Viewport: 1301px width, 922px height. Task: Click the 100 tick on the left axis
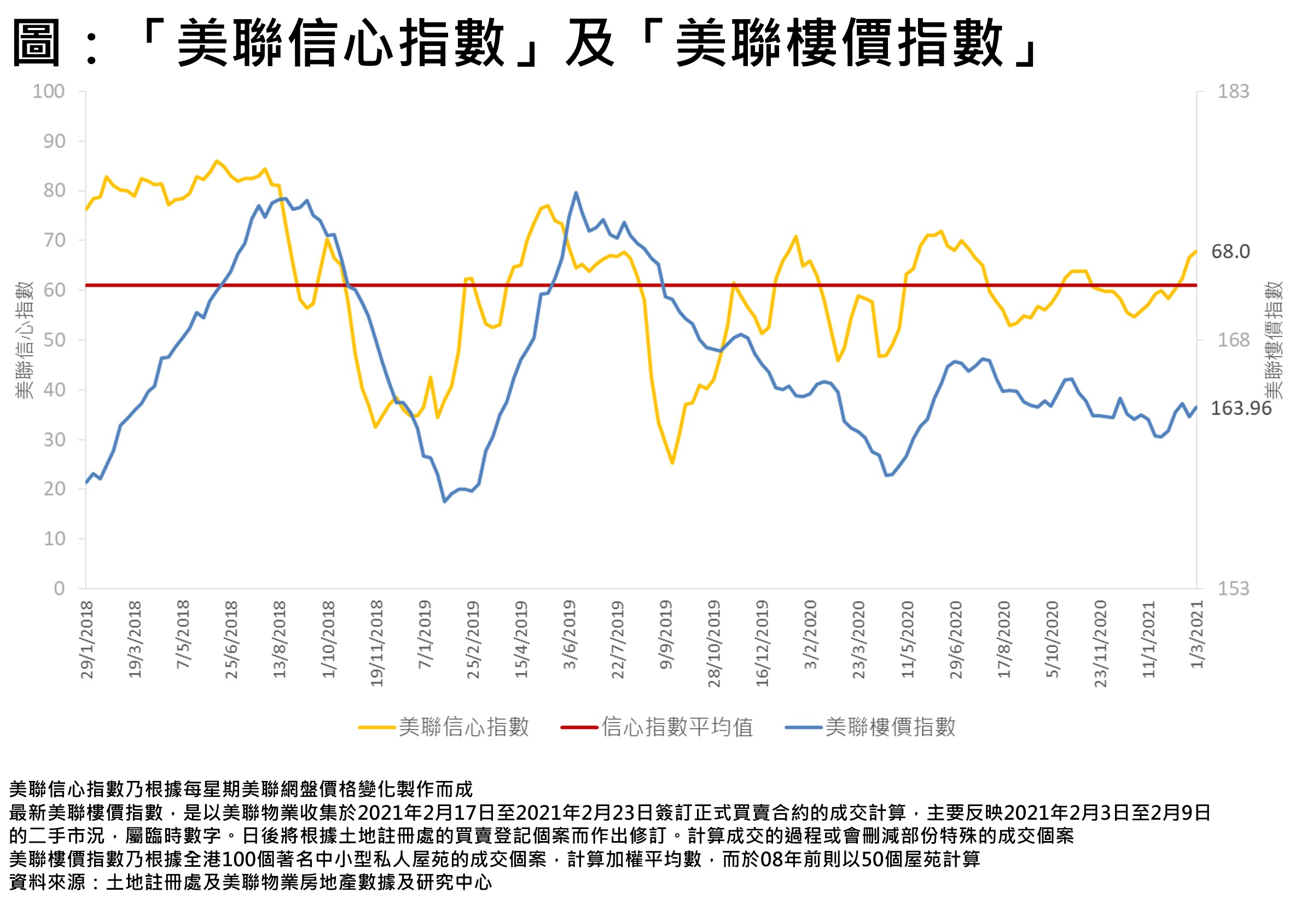[x=48, y=91]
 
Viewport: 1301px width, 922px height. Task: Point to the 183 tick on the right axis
[x=1233, y=91]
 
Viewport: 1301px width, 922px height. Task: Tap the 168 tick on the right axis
[x=1233, y=340]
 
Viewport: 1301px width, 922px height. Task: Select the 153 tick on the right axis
[x=1233, y=589]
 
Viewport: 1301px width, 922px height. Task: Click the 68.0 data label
[x=1230, y=252]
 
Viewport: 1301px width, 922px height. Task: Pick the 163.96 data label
[x=1241, y=408]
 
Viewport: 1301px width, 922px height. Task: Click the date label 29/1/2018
[x=87, y=640]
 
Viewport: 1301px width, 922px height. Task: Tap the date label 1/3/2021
[x=1197, y=635]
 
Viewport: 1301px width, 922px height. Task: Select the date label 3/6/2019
[x=570, y=635]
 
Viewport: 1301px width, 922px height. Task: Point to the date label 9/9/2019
[x=666, y=635]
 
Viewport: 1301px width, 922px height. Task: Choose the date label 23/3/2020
[x=858, y=640]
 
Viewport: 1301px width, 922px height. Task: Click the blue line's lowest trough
[x=445, y=502]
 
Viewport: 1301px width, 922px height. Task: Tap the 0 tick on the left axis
[x=59, y=589]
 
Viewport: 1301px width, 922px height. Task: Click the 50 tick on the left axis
[x=55, y=340]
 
